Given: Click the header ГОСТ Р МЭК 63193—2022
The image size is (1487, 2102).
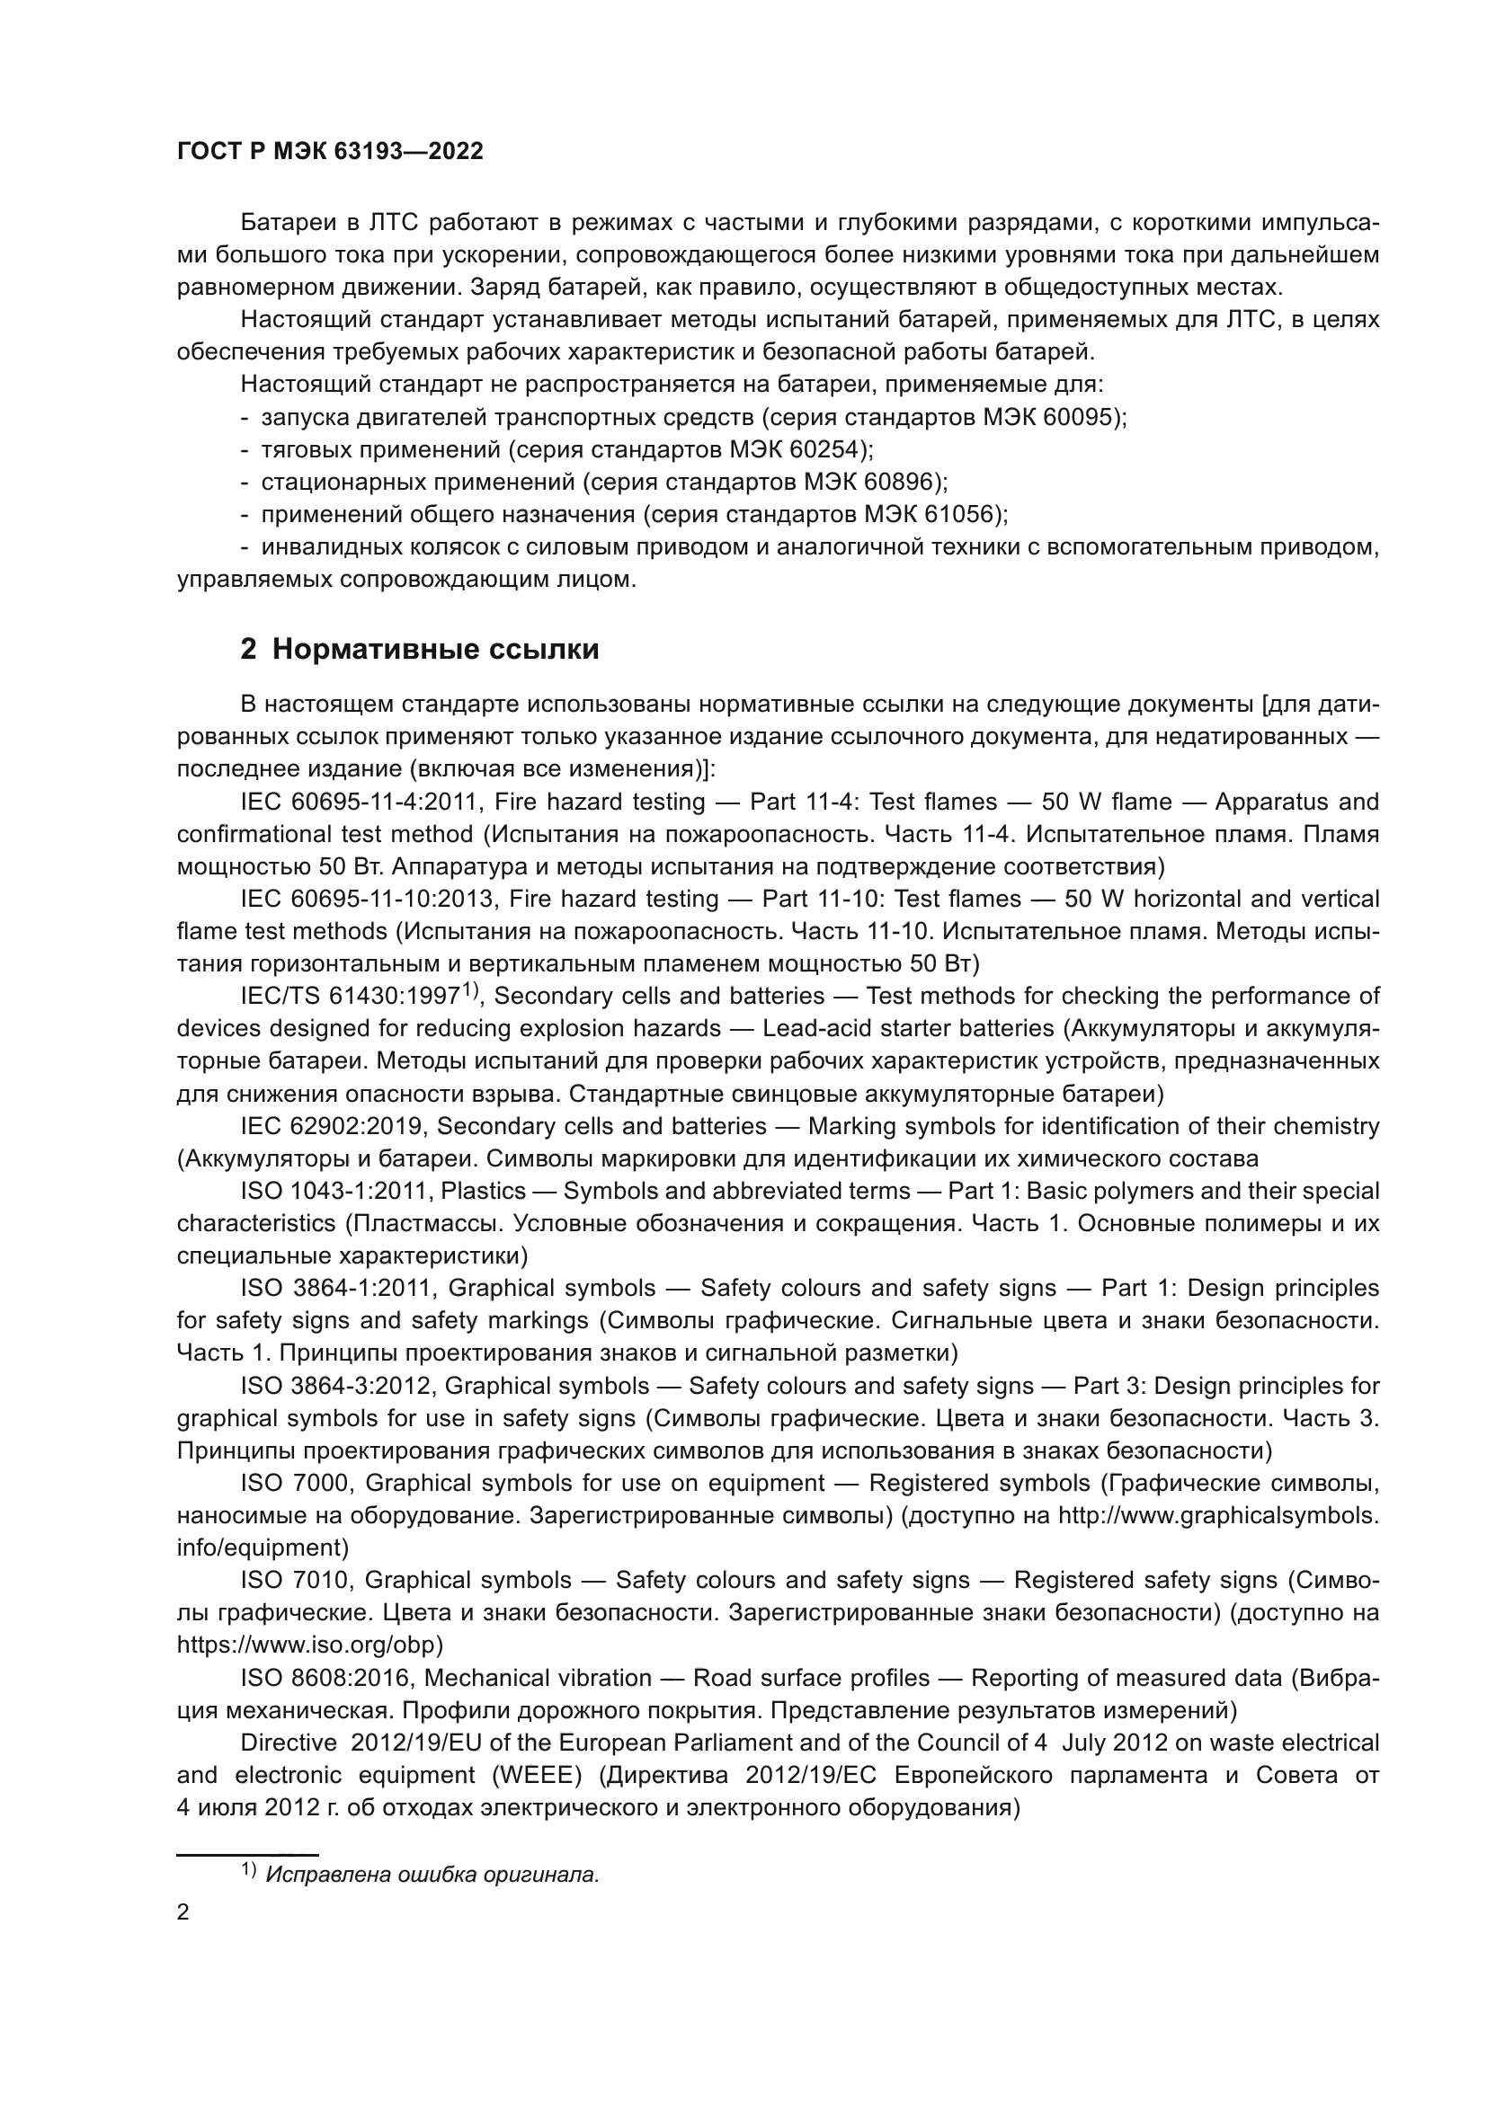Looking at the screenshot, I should tap(330, 152).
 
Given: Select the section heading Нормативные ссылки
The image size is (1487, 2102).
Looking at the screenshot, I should tap(435, 650).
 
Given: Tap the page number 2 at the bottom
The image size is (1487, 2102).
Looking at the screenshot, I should tap(183, 1912).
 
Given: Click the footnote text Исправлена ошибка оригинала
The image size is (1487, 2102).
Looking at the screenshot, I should tap(432, 1874).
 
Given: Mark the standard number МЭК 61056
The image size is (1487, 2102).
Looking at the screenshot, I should tap(932, 515).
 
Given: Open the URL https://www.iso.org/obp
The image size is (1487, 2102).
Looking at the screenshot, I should tap(309, 1645).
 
